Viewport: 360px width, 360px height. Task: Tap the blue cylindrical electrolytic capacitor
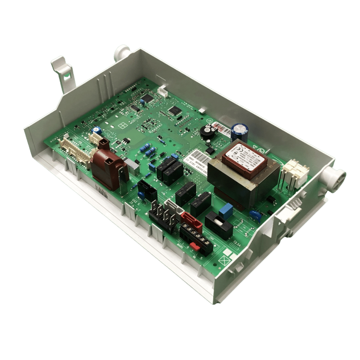coord(239,133)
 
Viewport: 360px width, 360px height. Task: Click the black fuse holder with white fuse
coord(219,225)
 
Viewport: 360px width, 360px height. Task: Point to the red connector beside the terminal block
coord(192,222)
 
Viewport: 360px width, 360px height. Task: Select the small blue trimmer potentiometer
coord(97,130)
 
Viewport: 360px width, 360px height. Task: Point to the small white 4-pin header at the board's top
coord(162,91)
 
